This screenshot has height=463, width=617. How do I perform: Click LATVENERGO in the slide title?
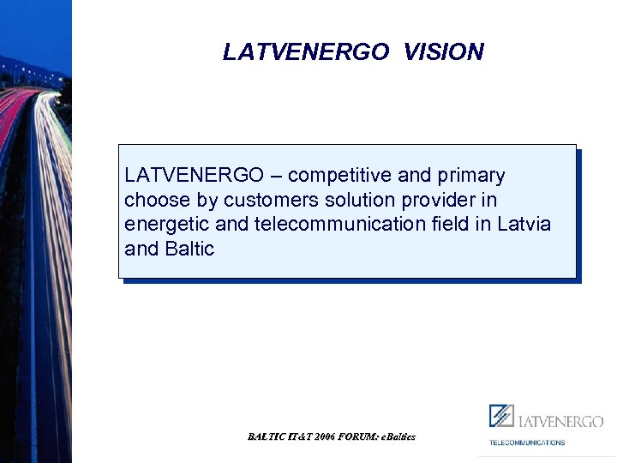pos(305,52)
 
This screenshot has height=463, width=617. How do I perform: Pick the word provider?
pos(404,201)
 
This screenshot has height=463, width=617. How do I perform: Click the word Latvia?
pos(524,225)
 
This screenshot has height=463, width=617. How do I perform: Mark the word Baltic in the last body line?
pos(189,250)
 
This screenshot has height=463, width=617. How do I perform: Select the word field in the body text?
pos(444,225)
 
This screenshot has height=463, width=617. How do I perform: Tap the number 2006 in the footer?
pos(325,436)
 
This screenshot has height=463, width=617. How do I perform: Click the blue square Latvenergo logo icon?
pos(500,416)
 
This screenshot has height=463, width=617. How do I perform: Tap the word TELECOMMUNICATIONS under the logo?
pos(527,442)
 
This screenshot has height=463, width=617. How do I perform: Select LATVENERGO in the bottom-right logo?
pos(560,421)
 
